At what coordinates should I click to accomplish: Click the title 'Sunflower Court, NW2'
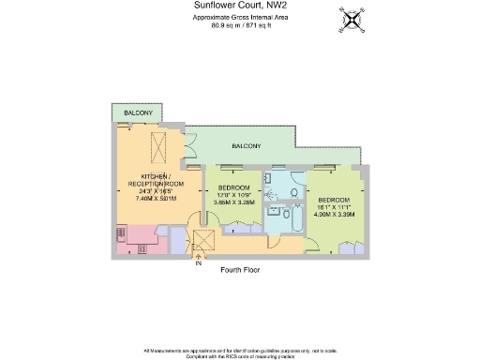point(239,6)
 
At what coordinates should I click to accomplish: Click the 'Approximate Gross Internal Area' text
point(239,18)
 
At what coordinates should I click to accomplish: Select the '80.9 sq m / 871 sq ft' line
point(239,25)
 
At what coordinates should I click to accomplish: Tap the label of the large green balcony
point(247,146)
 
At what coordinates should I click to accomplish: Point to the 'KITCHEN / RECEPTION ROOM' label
point(156,180)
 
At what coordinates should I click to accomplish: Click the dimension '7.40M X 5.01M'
point(156,199)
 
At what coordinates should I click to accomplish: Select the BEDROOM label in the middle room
point(233,187)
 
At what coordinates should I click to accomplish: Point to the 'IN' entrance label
point(198,263)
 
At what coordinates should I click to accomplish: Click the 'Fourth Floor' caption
point(239,270)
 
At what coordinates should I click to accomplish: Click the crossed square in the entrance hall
point(199,240)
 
